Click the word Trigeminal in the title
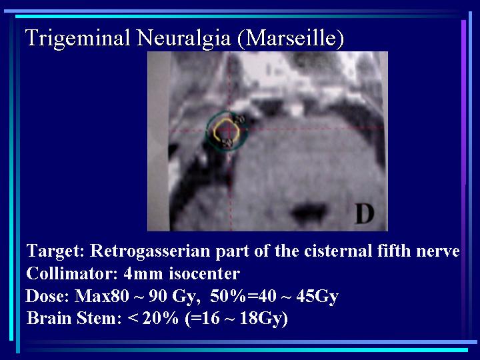78,39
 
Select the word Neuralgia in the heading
183,37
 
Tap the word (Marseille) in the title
291,38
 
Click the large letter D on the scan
364,214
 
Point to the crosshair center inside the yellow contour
229,130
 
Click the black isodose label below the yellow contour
227,143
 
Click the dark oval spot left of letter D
308,211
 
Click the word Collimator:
72,273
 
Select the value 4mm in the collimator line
143,273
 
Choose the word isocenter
204,273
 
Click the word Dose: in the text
47,296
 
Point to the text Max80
102,296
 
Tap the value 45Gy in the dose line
317,296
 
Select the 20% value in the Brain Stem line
161,318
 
